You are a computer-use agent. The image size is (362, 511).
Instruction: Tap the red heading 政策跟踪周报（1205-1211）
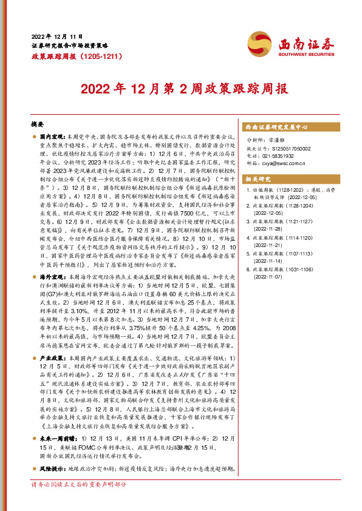pyautogui.click(x=70, y=55)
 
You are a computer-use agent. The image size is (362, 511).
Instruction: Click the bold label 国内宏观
pyautogui.click(x=52, y=139)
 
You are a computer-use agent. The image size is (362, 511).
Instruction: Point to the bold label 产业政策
pyautogui.click(x=52, y=359)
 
